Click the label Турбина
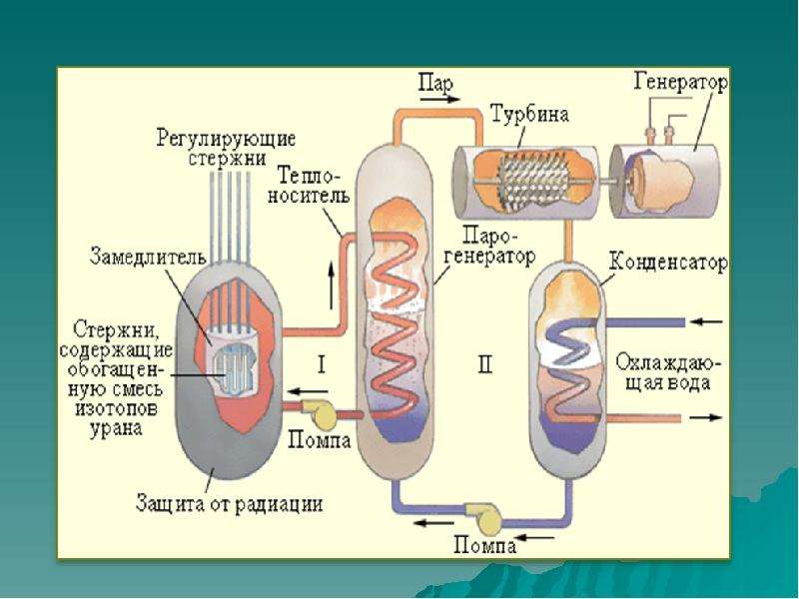click(529, 115)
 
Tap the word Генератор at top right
click(681, 83)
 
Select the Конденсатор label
click(668, 263)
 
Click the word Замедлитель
click(148, 256)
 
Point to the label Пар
click(435, 82)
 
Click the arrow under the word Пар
click(439, 99)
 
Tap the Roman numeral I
click(321, 364)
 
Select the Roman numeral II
click(485, 364)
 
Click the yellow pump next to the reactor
click(320, 413)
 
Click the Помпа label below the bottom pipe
click(484, 546)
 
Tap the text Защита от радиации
click(230, 504)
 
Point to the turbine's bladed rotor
click(530, 181)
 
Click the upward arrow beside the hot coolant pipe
click(332, 287)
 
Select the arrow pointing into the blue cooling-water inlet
click(708, 321)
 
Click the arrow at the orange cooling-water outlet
click(706, 417)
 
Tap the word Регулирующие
click(226, 139)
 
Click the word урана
click(116, 429)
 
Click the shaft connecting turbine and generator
click(603, 181)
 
